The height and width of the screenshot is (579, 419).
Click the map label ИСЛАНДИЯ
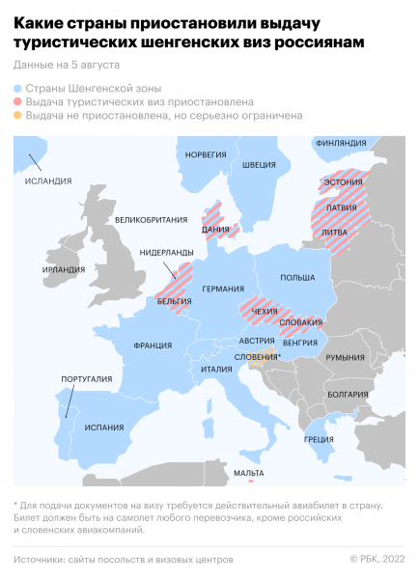click(48, 180)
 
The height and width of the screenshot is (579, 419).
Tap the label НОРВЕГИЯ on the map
click(205, 154)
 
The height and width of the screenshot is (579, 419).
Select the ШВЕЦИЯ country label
click(259, 164)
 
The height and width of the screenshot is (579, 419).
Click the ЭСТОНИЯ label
click(343, 181)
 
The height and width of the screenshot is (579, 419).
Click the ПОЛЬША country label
click(297, 277)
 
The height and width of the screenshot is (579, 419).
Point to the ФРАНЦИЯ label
click(153, 345)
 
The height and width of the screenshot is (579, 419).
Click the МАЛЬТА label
click(249, 473)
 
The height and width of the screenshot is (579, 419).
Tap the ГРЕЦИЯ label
click(320, 439)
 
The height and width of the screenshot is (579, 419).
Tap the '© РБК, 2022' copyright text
click(377, 559)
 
